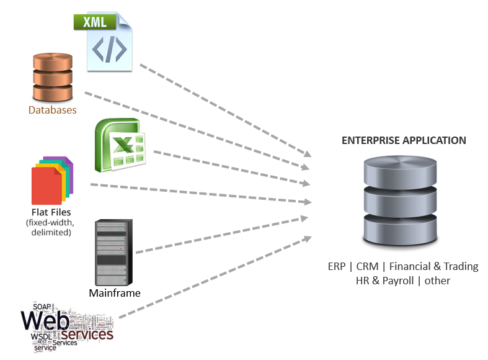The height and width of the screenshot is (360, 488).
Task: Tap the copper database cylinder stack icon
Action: pos(53,78)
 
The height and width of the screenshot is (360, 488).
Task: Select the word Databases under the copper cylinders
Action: pos(53,110)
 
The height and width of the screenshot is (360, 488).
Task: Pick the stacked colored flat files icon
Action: pos(52,181)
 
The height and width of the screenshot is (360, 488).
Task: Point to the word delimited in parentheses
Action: pos(51,232)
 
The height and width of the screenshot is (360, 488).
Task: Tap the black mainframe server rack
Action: pos(113,252)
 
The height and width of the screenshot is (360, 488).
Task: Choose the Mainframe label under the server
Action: pos(115,293)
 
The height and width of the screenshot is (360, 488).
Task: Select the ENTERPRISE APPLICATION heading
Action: pos(404,140)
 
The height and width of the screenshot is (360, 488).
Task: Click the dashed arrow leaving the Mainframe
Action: pos(217,235)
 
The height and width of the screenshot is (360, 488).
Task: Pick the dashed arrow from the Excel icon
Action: pos(229,168)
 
